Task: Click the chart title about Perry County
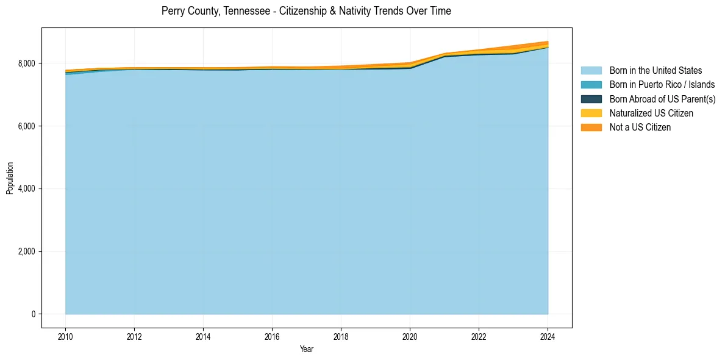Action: [x=306, y=11]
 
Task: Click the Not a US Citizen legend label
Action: [x=640, y=127]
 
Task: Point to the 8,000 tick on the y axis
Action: [x=27, y=63]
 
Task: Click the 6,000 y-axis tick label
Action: [x=27, y=126]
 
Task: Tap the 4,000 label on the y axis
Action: [x=27, y=189]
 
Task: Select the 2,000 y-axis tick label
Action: [x=27, y=251]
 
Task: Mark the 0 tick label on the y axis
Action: [x=34, y=314]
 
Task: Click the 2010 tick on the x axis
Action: [x=65, y=336]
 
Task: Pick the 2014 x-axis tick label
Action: [x=203, y=336]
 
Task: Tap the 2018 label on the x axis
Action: [x=341, y=336]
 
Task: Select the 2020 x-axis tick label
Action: [x=410, y=336]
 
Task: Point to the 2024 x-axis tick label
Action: [x=548, y=336]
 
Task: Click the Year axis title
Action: [x=307, y=349]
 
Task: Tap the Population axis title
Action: [x=10, y=178]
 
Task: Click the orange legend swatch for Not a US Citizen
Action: [x=591, y=127]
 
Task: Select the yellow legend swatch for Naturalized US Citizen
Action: [x=591, y=113]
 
